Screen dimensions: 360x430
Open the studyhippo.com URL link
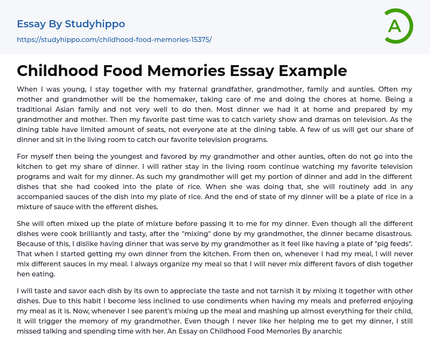pos(114,40)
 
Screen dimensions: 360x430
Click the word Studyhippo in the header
pos(95,24)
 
